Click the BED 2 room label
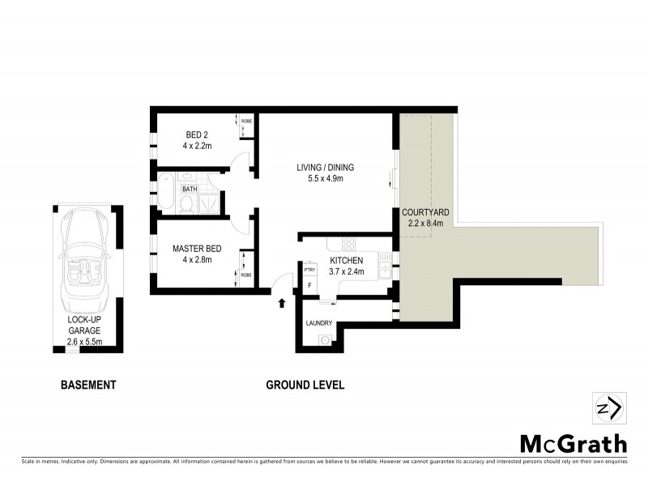pos(197,134)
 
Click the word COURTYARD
pos(426,212)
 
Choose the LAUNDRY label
pos(319,323)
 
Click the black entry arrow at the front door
pos(282,304)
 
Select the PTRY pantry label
pos(309,270)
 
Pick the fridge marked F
pos(309,286)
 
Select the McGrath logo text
pos(573,443)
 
